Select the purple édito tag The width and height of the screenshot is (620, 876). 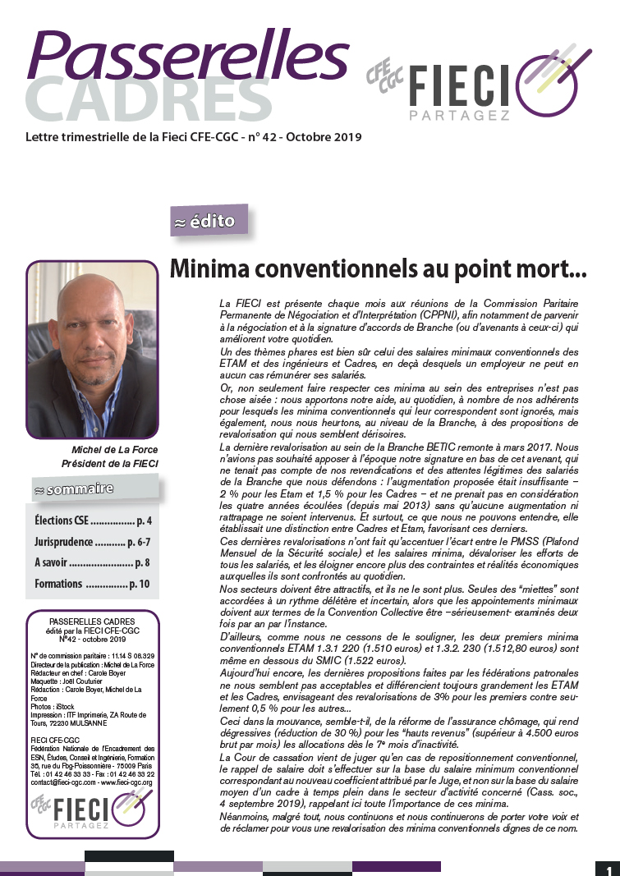click(x=207, y=222)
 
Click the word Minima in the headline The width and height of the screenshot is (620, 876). click(x=209, y=268)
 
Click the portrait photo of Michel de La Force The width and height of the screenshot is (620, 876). click(x=92, y=349)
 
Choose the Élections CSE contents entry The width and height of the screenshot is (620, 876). click(x=93, y=521)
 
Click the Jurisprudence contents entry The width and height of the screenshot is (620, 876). click(x=93, y=542)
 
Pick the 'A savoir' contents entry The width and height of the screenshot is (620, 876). click(x=93, y=563)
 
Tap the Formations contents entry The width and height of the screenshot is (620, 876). click(x=93, y=584)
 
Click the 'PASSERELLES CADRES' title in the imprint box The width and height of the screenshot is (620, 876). click(x=92, y=621)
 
